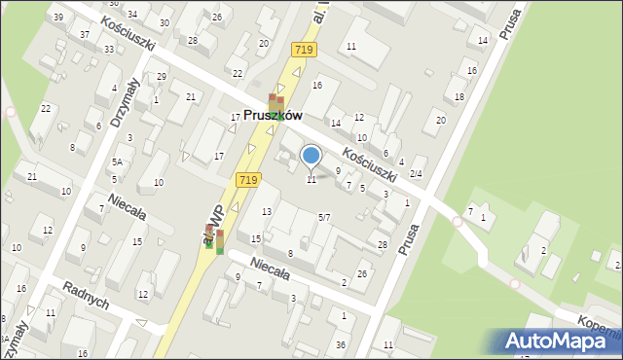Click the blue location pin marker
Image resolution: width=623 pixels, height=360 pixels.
[x=311, y=156]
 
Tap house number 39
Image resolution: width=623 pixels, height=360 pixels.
[x=58, y=18]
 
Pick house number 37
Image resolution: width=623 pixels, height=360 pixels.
[x=85, y=35]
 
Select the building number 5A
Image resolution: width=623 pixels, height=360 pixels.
[x=116, y=162]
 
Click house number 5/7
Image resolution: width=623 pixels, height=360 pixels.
[x=324, y=216]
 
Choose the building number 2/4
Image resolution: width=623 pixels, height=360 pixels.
[x=416, y=173]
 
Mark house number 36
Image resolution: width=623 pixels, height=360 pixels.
[x=341, y=344]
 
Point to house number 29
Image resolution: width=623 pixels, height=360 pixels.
[x=162, y=76]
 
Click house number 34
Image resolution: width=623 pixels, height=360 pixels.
[x=132, y=14]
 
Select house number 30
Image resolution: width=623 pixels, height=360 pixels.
[x=166, y=20]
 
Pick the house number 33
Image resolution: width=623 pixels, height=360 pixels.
[x=109, y=49]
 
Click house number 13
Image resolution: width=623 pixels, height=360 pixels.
[x=267, y=212]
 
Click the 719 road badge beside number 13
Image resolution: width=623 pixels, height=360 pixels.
[x=247, y=179]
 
